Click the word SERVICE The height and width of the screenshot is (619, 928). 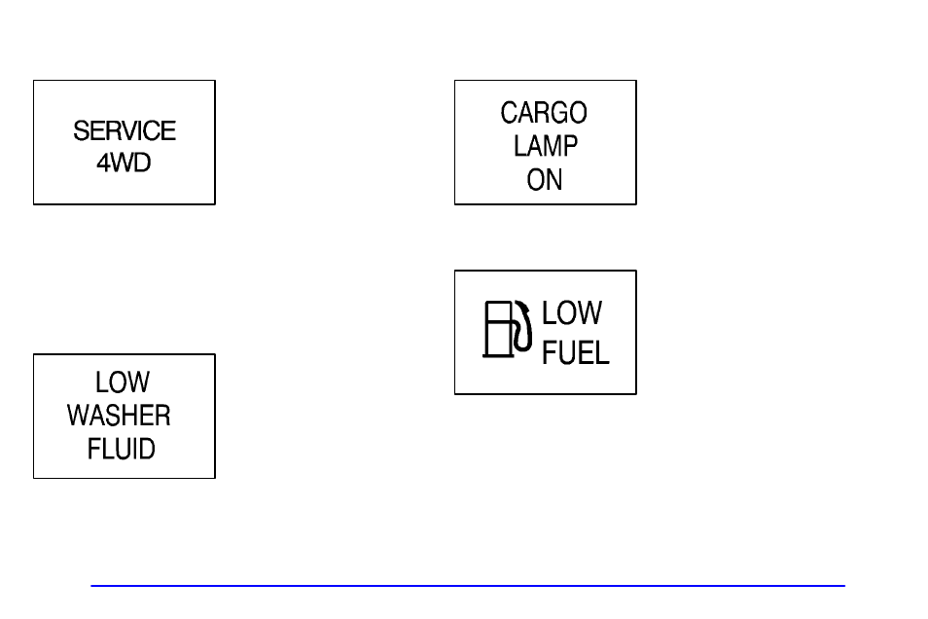[125, 130]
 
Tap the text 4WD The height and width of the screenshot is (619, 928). [124, 163]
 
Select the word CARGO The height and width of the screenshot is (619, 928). [544, 113]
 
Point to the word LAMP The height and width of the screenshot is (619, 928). [546, 146]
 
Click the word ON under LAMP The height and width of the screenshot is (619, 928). [545, 179]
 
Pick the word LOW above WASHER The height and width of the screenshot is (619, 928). [123, 382]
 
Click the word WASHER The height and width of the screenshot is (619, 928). [119, 416]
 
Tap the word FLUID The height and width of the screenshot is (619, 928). [122, 449]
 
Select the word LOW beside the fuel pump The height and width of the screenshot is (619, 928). [572, 313]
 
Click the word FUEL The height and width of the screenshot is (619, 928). [575, 351]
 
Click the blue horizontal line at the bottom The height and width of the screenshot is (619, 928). [468, 586]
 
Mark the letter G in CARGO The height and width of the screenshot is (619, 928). [559, 113]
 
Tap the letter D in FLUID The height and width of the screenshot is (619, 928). [147, 449]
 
